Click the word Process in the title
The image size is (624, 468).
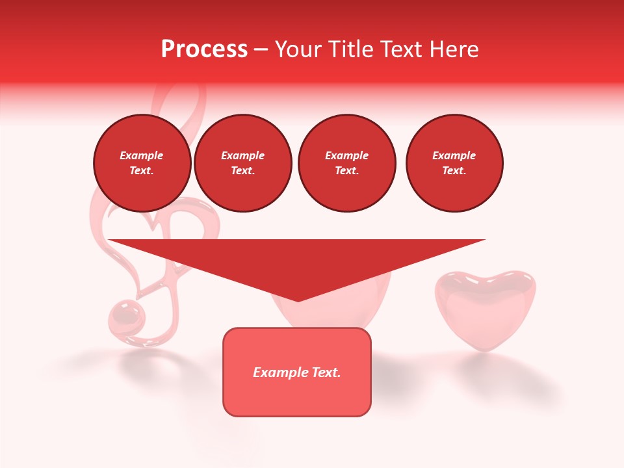[x=204, y=49]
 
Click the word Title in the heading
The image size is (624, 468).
[x=351, y=49]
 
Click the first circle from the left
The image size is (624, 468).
[x=142, y=163]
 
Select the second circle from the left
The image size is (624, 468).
[x=243, y=163]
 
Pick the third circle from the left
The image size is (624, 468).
[x=347, y=163]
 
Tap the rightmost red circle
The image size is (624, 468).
[x=454, y=163]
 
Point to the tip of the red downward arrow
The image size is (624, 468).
[x=298, y=300]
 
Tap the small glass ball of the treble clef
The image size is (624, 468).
[x=126, y=317]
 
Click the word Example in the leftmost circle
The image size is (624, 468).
[x=142, y=155]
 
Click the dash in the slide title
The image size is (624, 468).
[x=261, y=49]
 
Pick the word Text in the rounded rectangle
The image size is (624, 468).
[x=325, y=372]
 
